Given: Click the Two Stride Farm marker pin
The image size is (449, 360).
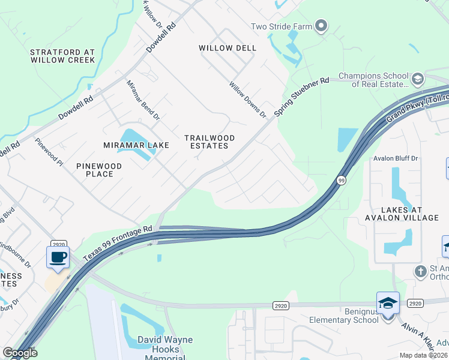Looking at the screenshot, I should (321, 26).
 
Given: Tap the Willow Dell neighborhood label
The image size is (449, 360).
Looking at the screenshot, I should (228, 48).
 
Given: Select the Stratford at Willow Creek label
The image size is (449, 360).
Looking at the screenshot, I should (62, 56).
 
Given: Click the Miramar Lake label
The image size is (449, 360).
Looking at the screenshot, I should (136, 145).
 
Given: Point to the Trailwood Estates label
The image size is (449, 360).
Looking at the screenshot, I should (209, 142).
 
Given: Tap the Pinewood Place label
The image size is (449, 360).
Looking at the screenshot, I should (99, 170).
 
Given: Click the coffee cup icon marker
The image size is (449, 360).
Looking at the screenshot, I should (58, 257).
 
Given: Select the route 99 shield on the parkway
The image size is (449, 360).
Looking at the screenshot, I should (341, 180).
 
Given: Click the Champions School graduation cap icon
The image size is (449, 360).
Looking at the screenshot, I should (417, 79).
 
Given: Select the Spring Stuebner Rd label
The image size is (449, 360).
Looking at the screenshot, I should (302, 97).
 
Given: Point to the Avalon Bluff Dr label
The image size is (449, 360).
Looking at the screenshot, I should (395, 158).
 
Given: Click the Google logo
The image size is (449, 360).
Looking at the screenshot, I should (20, 353).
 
